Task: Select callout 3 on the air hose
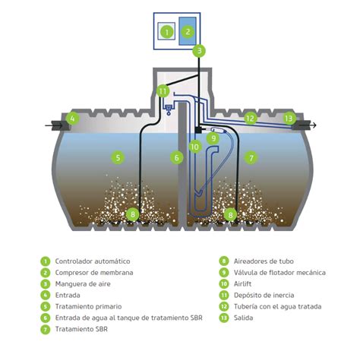[198, 51]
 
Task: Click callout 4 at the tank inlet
[72, 118]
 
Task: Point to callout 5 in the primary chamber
[118, 157]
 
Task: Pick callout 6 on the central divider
[177, 157]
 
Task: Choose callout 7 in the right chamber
[251, 157]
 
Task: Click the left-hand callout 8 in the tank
[133, 215]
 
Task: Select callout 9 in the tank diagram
[214, 138]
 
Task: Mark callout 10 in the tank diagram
[195, 147]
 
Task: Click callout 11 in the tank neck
[163, 91]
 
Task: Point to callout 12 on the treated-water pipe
[251, 118]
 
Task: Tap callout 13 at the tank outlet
[289, 118]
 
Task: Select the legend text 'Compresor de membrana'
[90, 272]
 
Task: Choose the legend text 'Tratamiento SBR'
[80, 329]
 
